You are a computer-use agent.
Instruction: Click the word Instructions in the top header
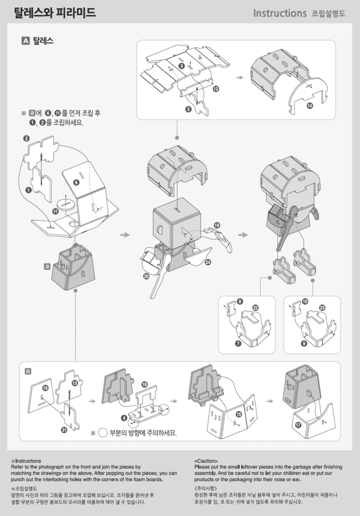pos(280,13)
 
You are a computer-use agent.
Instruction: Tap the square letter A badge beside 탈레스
pos(25,41)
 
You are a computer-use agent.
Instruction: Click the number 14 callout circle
pos(309,105)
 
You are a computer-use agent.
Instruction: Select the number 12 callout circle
pos(215,89)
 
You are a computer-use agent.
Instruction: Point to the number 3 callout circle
pos(181,66)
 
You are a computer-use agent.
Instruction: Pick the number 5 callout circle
pos(188,109)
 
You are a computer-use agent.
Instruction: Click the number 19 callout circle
pos(217,225)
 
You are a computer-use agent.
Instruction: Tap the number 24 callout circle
pos(207,262)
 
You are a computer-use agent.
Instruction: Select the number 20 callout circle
pos(147,276)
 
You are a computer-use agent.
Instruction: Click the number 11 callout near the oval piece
pos(55,211)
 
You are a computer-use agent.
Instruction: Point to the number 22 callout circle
pos(255,307)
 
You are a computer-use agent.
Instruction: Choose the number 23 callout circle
pos(322,307)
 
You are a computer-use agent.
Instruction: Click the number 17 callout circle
pos(298,425)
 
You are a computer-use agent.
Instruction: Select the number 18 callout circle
pos(145,384)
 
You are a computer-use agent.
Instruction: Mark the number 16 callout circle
pos(45,388)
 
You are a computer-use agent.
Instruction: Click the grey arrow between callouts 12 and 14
pos(240,78)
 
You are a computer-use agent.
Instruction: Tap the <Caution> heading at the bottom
pos(206,461)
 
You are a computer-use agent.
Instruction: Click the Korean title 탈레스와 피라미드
pos(54,13)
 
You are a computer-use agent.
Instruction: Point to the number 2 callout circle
pos(26,138)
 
